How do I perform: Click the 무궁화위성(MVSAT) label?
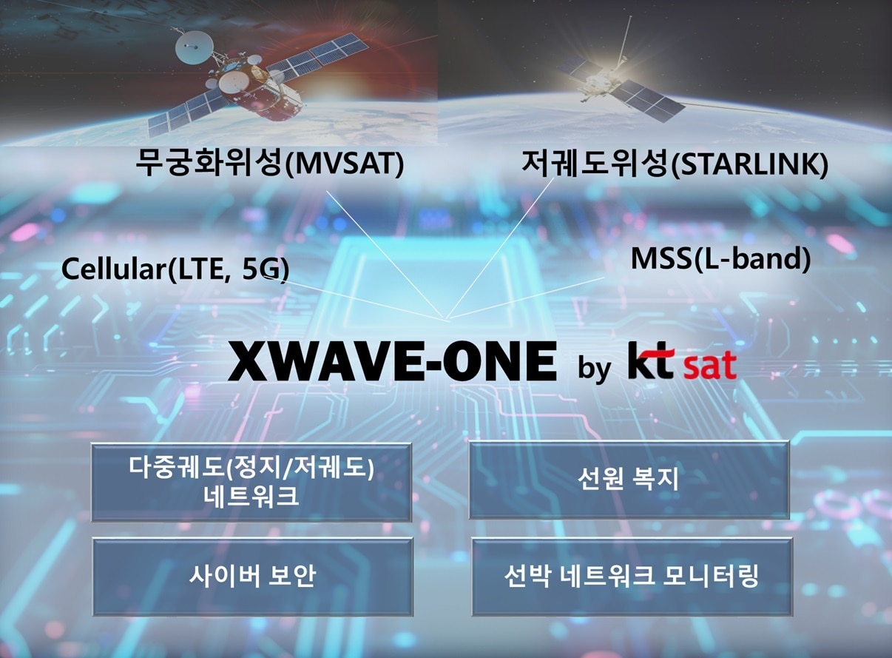[269, 164]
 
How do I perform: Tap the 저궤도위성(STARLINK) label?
[673, 164]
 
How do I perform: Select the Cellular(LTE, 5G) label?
[175, 269]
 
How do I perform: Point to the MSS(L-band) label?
[720, 258]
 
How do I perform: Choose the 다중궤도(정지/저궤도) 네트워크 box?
[251, 482]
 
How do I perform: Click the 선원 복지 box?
[629, 480]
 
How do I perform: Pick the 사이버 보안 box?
[252, 577]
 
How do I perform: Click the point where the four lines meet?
[446, 319]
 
